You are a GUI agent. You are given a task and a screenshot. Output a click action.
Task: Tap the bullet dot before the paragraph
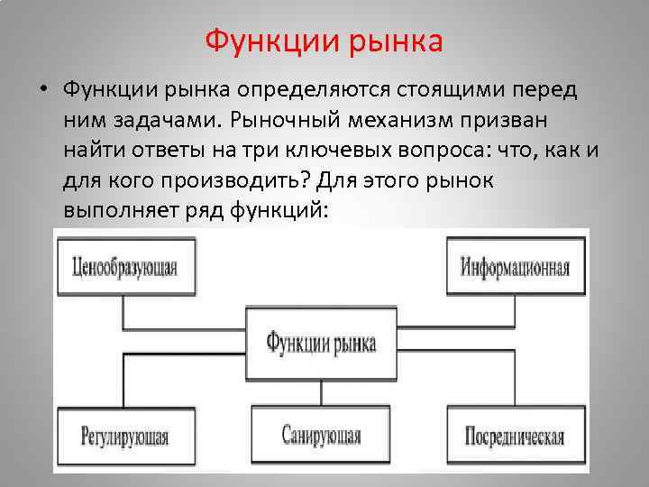(x=42, y=91)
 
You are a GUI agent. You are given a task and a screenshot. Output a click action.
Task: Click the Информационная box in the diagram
(x=515, y=267)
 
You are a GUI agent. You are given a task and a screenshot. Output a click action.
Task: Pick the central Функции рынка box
(x=320, y=342)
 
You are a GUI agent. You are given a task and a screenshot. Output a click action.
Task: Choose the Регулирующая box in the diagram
(x=124, y=436)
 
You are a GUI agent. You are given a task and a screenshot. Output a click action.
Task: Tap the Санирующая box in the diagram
(x=320, y=436)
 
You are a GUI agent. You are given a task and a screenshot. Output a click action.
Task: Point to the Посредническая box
(x=515, y=436)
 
